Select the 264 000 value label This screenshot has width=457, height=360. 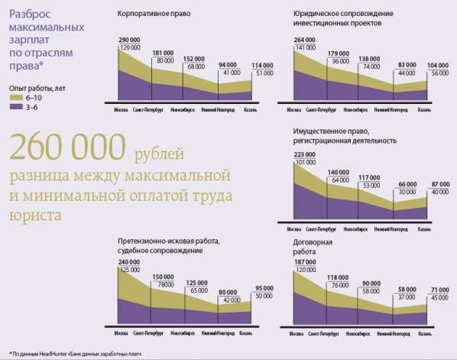tap(304, 38)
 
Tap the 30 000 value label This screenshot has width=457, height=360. tap(404, 192)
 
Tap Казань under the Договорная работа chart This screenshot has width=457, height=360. tap(417, 334)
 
